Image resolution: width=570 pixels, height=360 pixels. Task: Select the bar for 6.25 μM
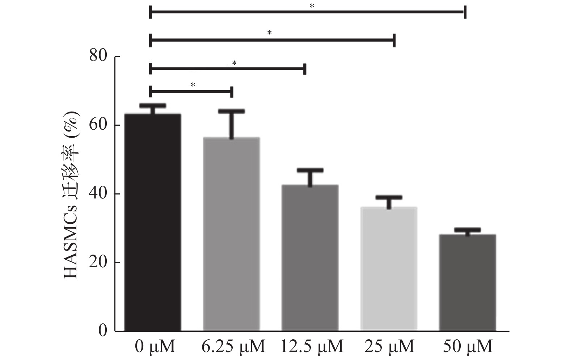[x=231, y=234]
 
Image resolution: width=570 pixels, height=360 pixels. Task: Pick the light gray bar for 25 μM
[x=389, y=269]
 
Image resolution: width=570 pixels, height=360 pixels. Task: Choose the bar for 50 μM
[x=468, y=282]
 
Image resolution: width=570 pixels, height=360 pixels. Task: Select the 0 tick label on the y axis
[x=103, y=331]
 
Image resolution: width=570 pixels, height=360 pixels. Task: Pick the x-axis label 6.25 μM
[x=233, y=347]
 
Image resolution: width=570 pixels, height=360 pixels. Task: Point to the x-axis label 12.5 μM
[x=312, y=347]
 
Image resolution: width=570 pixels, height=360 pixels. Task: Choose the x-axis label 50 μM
[x=468, y=347]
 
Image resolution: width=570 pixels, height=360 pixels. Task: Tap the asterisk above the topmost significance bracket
[x=312, y=6]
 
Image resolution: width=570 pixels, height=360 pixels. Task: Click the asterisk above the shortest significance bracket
[x=193, y=85]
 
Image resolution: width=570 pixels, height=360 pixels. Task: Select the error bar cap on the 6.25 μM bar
[x=231, y=111]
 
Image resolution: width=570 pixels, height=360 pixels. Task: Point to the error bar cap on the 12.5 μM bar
[x=310, y=170]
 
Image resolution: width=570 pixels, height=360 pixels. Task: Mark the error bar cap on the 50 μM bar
[x=468, y=230]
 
